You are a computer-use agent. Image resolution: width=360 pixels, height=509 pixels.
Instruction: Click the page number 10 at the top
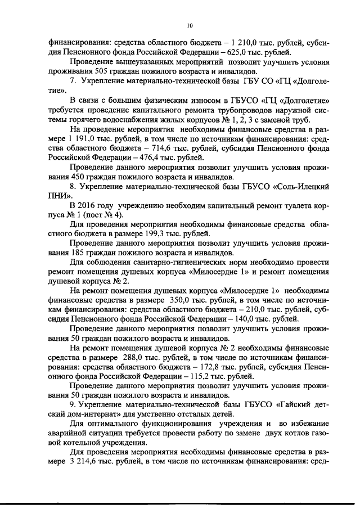pyautogui.click(x=190, y=25)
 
